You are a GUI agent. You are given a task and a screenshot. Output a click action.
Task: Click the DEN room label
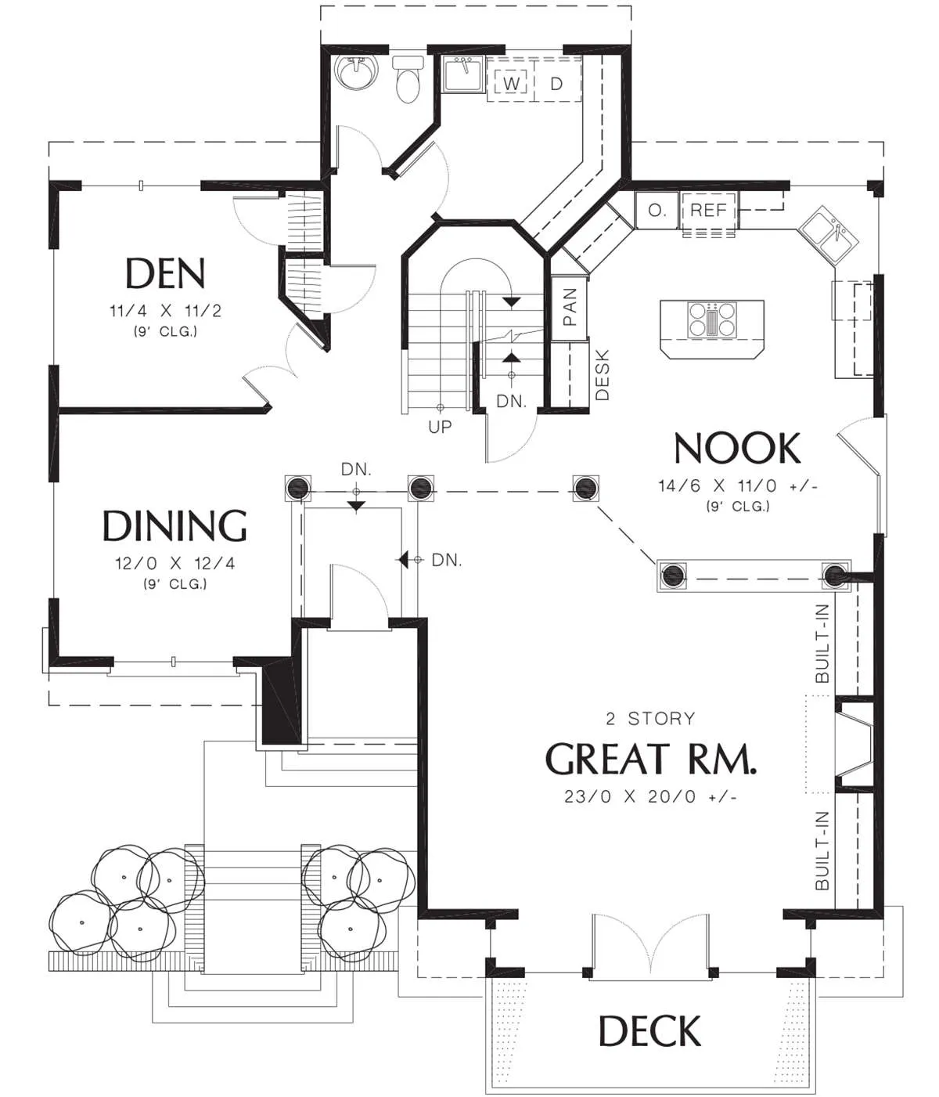coord(165,273)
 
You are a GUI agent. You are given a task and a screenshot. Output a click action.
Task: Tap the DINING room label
coord(174,525)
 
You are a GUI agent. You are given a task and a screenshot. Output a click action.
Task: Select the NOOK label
coord(737,449)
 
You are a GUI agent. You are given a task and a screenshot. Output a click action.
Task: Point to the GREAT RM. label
coord(650,759)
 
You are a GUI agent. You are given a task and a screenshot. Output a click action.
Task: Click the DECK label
coord(650,1031)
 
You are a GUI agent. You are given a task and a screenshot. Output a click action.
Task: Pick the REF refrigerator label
coord(708,210)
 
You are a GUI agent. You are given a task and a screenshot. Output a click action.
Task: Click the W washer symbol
coord(511,83)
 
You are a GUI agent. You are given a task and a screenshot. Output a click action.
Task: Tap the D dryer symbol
coord(556,83)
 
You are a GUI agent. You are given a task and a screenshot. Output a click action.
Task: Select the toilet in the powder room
coord(408,80)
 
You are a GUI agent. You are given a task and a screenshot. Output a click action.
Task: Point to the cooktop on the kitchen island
coord(712,319)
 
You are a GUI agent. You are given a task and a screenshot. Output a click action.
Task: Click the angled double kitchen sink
coord(829,236)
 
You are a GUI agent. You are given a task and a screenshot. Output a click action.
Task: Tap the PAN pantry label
coord(569,307)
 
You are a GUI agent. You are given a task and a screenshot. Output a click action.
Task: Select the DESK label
coord(603,375)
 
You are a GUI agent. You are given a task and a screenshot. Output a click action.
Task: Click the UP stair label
coord(440,426)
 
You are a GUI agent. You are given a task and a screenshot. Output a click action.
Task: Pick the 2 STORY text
coord(650,719)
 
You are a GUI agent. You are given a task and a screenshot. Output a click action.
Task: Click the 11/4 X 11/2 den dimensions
coord(166,311)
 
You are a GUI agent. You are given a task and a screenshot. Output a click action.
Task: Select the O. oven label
coord(657,211)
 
